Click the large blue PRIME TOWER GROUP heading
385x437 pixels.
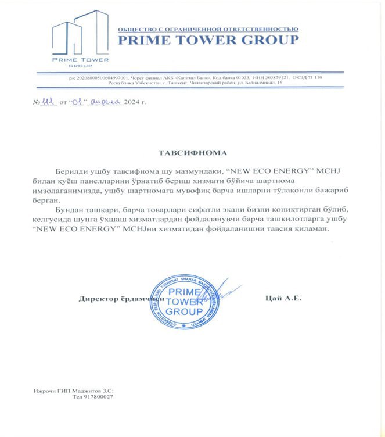[x=208, y=40]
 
